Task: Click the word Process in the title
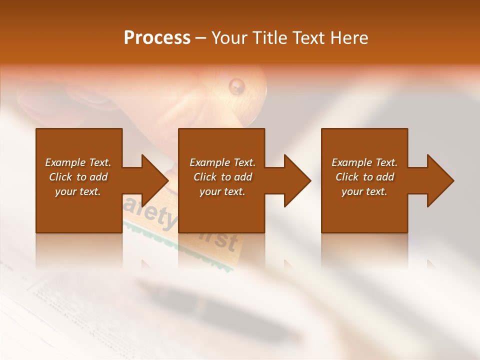[156, 37]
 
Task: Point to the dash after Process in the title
[200, 38]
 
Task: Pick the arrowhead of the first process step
[155, 180]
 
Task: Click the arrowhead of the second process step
[297, 180]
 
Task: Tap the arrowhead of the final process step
[440, 180]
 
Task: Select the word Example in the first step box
[65, 162]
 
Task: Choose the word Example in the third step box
[351, 162]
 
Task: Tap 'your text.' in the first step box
[78, 191]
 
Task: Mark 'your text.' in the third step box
[364, 191]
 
